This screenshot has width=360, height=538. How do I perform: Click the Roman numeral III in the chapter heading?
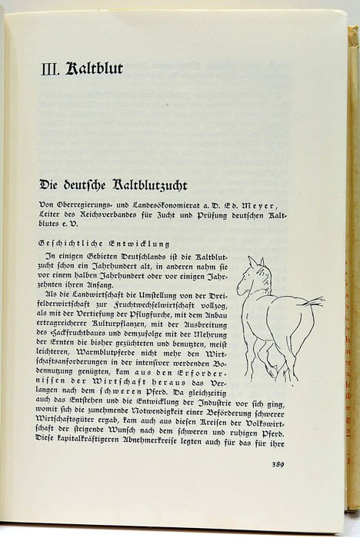pyautogui.click(x=50, y=69)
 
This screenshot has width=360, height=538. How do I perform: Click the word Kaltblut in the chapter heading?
pyautogui.click(x=94, y=68)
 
